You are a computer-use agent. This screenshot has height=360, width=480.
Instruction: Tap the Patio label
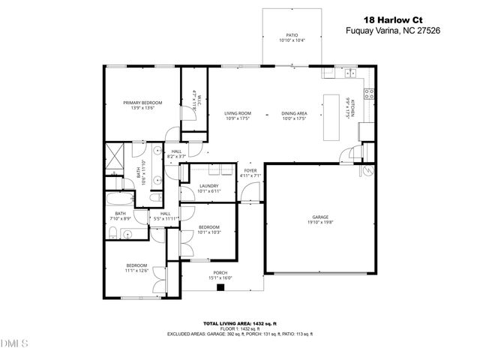point(292,34)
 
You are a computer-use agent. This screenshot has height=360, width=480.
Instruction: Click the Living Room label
point(237,113)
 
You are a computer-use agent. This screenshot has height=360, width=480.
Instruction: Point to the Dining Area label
point(295,113)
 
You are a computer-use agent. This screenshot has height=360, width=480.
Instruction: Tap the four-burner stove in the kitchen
point(369,94)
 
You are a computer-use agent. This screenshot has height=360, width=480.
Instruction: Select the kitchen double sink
point(349,73)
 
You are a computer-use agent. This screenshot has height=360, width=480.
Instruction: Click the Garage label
point(310,217)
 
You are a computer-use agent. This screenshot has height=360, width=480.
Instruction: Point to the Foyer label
point(250,171)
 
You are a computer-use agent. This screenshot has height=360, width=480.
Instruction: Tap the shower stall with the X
point(113,157)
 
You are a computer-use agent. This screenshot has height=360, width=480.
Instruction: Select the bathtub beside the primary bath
point(119,199)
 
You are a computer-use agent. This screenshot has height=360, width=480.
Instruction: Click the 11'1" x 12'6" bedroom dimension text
point(137,271)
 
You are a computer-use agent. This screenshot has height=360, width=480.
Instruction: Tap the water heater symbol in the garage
point(368,171)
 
